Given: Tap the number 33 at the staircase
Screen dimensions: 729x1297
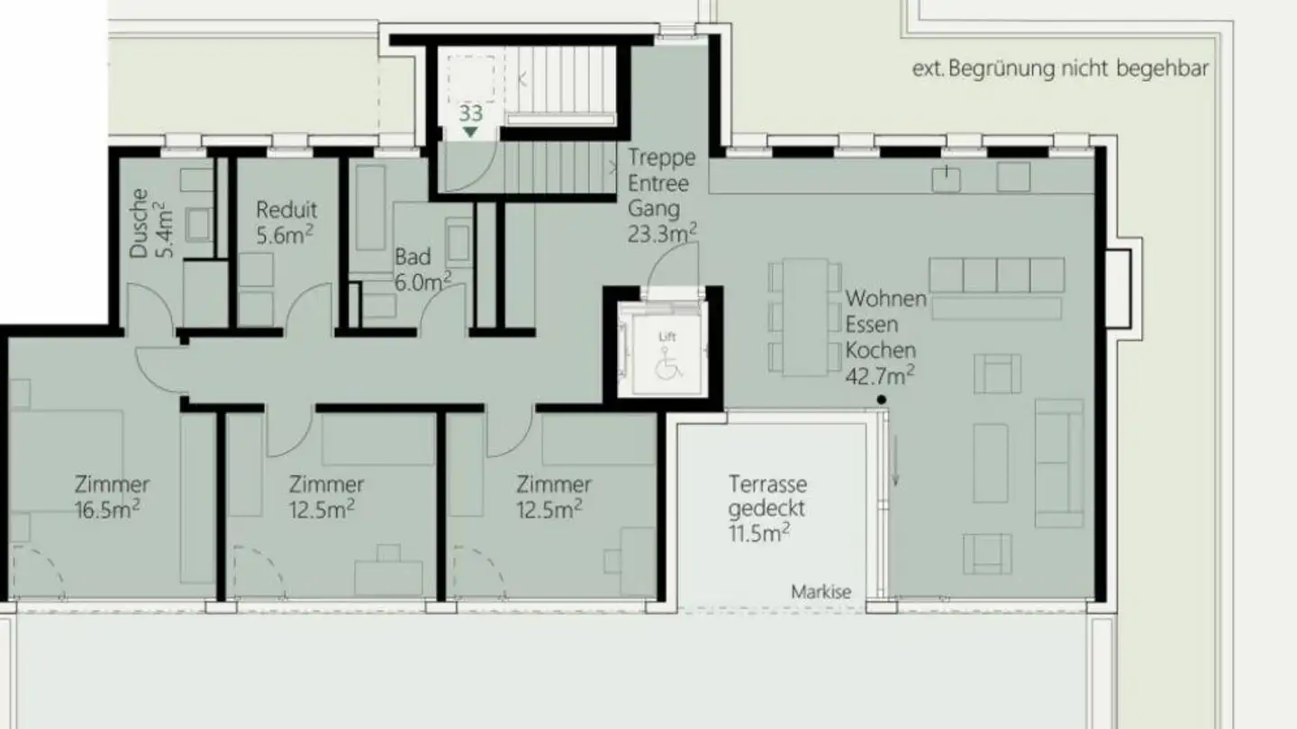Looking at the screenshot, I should pyautogui.click(x=470, y=114).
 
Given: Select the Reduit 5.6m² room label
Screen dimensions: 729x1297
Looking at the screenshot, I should pyautogui.click(x=286, y=221).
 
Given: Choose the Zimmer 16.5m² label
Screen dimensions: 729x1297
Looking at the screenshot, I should pyautogui.click(x=112, y=497).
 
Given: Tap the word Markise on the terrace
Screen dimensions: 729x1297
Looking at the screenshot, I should pyautogui.click(x=821, y=592).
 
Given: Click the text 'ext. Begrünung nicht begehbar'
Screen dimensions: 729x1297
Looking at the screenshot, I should pyautogui.click(x=1060, y=69).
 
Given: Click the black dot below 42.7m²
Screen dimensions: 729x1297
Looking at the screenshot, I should pyautogui.click(x=882, y=400).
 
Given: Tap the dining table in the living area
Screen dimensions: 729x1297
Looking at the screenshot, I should pyautogui.click(x=805, y=318).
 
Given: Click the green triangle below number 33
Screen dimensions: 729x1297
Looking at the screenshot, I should pyautogui.click(x=470, y=132).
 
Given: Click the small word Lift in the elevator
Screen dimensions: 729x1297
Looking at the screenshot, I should pyautogui.click(x=667, y=337).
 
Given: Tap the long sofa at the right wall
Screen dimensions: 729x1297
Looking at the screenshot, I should pyautogui.click(x=1059, y=463).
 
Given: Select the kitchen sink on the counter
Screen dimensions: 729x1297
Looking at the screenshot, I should pyautogui.click(x=946, y=179).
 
